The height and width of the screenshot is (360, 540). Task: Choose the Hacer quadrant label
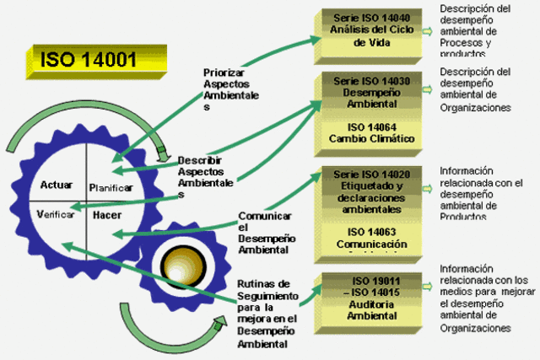pos(107,215)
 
